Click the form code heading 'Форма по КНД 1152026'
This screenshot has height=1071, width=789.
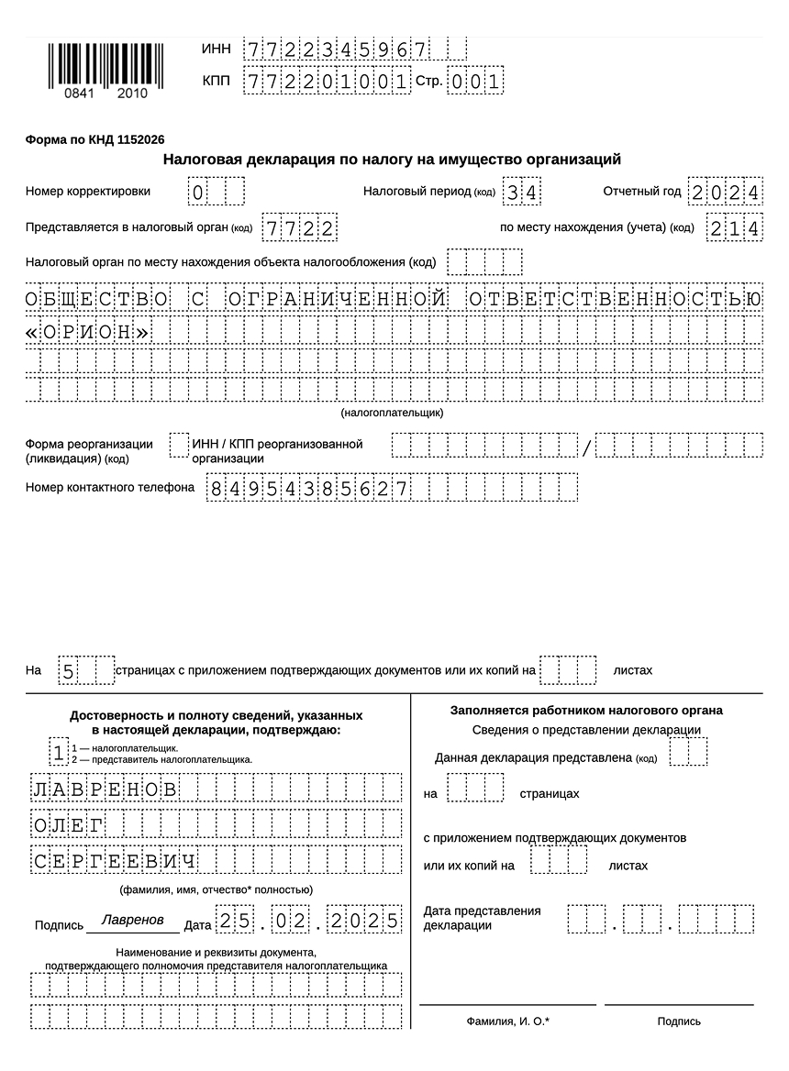[95, 139]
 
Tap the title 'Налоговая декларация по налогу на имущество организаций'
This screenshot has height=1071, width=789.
[392, 160]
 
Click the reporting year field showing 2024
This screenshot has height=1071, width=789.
[725, 192]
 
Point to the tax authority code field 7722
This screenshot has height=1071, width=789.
[298, 226]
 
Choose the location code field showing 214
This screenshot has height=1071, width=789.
[734, 226]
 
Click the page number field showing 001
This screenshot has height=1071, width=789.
[475, 82]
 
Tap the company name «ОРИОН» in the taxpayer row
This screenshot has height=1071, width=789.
[88, 332]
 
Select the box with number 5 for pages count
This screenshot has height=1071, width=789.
[68, 670]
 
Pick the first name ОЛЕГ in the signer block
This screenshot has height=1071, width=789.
[68, 824]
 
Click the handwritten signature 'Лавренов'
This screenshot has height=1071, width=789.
[133, 919]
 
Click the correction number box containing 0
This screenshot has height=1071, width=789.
[197, 193]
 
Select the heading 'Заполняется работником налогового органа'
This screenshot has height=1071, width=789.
[586, 710]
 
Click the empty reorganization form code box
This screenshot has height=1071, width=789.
[179, 445]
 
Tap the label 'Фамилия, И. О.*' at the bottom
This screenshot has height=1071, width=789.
[507, 1021]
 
